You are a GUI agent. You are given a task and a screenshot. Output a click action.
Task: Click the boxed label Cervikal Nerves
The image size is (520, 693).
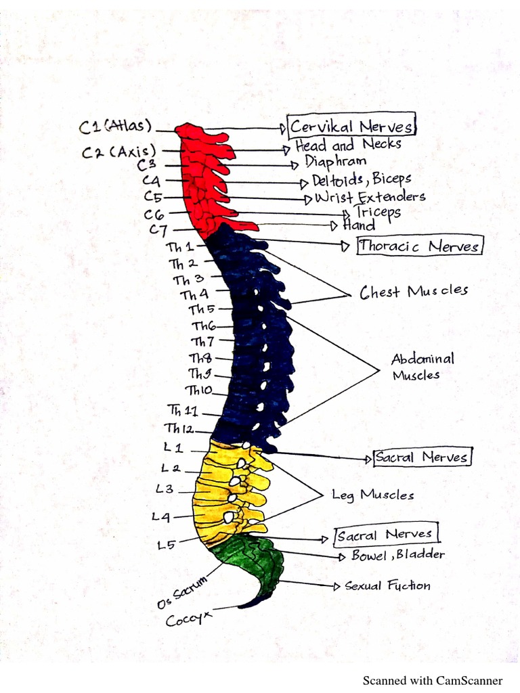(x=351, y=127)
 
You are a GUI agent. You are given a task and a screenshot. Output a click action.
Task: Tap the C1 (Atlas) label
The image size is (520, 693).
(x=116, y=127)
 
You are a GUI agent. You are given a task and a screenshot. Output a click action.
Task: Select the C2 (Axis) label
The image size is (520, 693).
(x=118, y=152)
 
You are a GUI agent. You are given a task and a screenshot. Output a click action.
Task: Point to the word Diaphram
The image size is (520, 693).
(x=335, y=162)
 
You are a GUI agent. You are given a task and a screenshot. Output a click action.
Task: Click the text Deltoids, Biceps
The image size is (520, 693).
(x=361, y=180)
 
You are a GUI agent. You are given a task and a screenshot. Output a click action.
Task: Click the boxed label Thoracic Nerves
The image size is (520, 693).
(x=420, y=246)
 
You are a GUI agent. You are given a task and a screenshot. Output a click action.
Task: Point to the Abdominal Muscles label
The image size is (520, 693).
(x=422, y=367)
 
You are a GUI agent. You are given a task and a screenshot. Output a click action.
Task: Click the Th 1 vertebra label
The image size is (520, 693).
(x=180, y=248)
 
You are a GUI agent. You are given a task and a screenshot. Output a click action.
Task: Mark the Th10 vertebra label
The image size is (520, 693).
(x=199, y=390)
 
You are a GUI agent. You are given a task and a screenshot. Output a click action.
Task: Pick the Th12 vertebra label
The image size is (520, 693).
(x=179, y=428)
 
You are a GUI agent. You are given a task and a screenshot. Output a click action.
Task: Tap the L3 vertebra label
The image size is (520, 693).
(x=165, y=489)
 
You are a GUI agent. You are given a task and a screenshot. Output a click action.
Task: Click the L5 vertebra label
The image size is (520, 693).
(x=167, y=544)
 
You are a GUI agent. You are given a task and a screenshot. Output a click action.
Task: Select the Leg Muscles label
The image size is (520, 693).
(x=372, y=495)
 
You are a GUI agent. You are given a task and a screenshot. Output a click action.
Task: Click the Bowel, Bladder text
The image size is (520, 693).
(x=398, y=555)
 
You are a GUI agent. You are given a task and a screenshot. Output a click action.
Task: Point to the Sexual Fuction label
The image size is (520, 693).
(x=387, y=585)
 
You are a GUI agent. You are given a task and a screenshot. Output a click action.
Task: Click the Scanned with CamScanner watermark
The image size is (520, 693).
(x=433, y=680)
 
